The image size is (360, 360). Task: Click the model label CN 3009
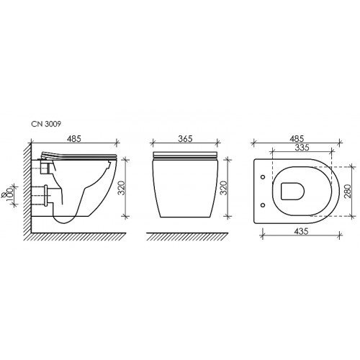point(46,124)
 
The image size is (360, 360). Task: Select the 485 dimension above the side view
point(74,139)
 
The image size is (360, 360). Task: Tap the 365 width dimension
point(185,139)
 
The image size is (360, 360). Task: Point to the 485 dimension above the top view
point(297,139)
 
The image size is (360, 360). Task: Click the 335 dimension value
point(302,148)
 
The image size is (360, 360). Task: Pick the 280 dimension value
point(348,191)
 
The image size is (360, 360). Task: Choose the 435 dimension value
point(301,231)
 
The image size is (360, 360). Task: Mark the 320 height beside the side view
point(122,188)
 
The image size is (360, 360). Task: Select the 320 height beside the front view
point(224,188)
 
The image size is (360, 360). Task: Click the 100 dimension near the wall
point(9,192)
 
